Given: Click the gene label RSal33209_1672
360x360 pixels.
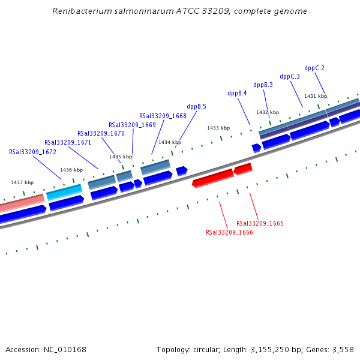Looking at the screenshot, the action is point(32,152).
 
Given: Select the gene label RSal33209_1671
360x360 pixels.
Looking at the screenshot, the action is point(68,143).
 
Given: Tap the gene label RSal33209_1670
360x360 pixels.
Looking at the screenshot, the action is point(101,133).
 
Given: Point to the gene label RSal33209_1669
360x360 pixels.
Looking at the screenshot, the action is point(132,125).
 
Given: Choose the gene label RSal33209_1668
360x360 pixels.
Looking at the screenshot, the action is point(163,116).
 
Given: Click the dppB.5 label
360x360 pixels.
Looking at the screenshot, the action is point(196,106).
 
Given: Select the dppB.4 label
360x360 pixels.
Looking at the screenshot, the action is point(237,93).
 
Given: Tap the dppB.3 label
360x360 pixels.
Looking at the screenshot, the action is point(263,85).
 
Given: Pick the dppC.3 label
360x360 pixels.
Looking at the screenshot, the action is point(290,76).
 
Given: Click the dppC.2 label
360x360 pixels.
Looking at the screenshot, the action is point(314,68).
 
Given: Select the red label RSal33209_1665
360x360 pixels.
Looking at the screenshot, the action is point(260,223).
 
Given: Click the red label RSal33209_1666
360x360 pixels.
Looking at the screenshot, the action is point(229,232).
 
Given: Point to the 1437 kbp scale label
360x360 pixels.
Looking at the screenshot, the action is point(22,182).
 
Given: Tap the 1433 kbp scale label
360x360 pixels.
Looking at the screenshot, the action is point(218,128).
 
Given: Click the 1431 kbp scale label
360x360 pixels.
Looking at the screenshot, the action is point(316,96).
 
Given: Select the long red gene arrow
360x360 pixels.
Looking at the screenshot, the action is point(213,178).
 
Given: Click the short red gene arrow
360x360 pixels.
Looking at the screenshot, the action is point(243,169).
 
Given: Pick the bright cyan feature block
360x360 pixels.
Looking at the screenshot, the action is point(64,192).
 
